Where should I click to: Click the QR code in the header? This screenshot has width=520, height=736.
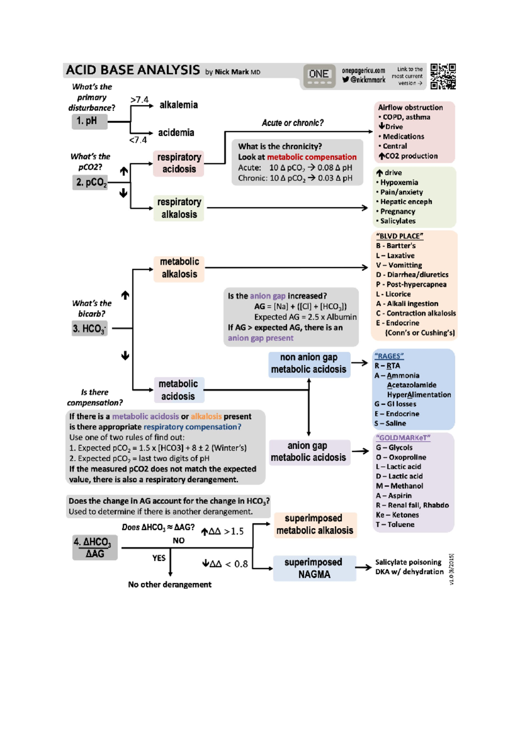[x=443, y=76]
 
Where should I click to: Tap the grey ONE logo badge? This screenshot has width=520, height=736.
[x=319, y=76]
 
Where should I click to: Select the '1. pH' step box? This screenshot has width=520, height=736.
[x=89, y=121]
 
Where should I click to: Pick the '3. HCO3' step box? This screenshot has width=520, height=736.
[x=89, y=329]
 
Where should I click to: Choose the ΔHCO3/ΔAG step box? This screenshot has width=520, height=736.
[x=95, y=547]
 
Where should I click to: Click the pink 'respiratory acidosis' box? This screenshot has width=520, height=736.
[x=179, y=163]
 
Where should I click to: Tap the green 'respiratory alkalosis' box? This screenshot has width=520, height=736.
[x=179, y=208]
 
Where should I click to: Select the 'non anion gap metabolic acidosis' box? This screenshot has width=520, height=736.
[x=309, y=364]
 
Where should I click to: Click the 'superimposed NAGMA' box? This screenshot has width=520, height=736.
[x=314, y=568]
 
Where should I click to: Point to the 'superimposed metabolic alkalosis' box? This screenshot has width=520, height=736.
[x=315, y=524]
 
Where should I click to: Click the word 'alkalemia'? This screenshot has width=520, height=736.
[x=179, y=105]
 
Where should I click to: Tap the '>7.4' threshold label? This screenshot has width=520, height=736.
[x=139, y=100]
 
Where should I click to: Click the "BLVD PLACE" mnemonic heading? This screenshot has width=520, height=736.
[x=399, y=236]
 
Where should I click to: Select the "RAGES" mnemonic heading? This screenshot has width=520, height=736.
[x=389, y=356]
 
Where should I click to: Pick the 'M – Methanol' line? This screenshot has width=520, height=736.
[x=399, y=486]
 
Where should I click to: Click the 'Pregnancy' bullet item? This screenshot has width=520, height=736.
[x=397, y=212]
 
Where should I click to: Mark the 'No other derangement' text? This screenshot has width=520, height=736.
[x=169, y=584]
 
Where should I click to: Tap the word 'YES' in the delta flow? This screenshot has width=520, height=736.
[x=159, y=558]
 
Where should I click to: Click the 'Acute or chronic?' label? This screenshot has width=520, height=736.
[x=292, y=123]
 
